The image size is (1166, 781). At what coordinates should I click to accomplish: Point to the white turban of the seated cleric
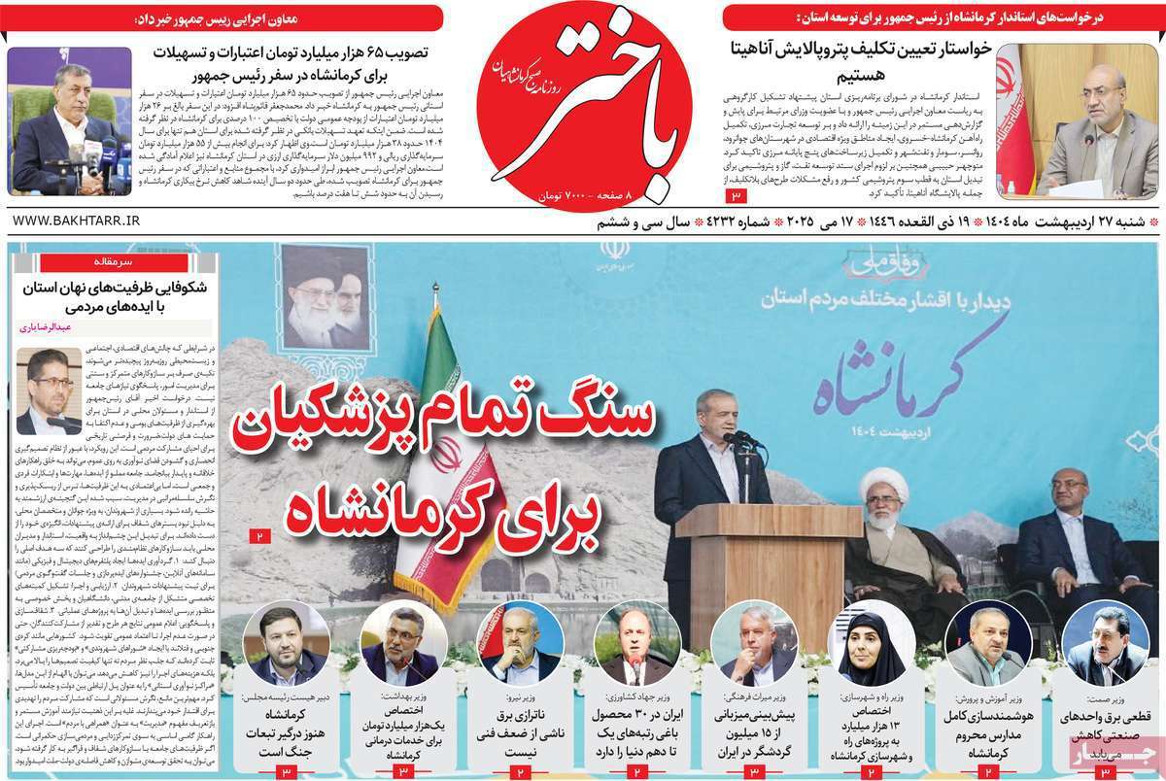click(885, 481)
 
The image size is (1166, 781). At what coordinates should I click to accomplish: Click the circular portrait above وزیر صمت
click(1106, 645)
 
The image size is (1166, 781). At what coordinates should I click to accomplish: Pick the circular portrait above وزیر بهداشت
click(403, 643)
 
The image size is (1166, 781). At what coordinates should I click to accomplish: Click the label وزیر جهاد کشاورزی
click(637, 698)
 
